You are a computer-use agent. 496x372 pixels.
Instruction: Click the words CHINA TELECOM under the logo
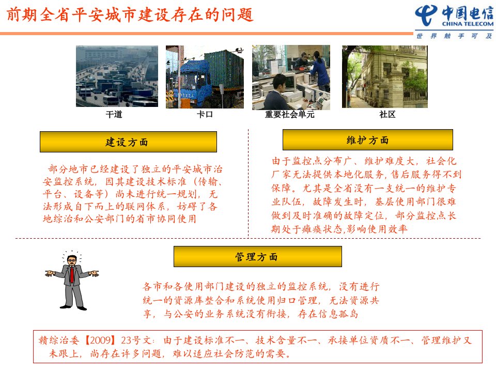(x=468, y=24)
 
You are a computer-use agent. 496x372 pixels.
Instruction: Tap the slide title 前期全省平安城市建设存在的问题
(x=130, y=14)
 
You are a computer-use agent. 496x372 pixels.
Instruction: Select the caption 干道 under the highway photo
(x=114, y=114)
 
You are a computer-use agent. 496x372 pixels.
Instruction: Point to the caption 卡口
(x=205, y=114)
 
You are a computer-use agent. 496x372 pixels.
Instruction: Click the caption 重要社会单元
(x=290, y=114)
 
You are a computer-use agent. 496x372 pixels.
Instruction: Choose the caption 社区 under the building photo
(x=388, y=114)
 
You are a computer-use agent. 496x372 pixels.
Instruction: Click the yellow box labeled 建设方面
(x=128, y=142)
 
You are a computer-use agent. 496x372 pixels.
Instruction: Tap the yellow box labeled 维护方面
(x=367, y=140)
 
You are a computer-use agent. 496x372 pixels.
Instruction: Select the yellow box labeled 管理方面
(x=257, y=257)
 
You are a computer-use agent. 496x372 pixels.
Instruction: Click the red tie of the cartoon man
(x=72, y=274)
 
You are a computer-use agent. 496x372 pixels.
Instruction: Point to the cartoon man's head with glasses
(x=72, y=260)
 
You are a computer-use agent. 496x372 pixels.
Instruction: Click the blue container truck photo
(x=205, y=77)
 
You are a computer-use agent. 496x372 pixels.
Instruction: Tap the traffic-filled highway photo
(x=117, y=76)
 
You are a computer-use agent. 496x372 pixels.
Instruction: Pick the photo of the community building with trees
(x=384, y=76)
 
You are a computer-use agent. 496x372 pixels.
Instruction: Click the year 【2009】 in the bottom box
(x=100, y=340)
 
